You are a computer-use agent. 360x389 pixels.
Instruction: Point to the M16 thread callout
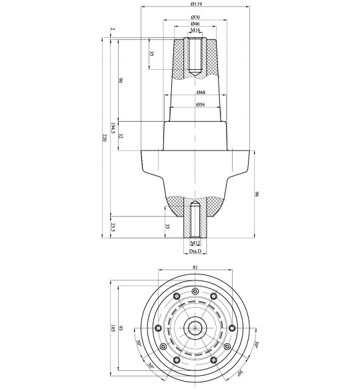(195, 31)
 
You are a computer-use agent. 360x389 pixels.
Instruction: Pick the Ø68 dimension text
(200, 93)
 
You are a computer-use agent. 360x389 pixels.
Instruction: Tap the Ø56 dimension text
(200, 105)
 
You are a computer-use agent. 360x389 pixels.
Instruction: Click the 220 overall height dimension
(103, 137)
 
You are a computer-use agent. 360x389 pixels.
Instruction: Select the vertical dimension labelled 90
(121, 81)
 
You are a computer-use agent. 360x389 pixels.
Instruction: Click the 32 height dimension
(121, 137)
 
